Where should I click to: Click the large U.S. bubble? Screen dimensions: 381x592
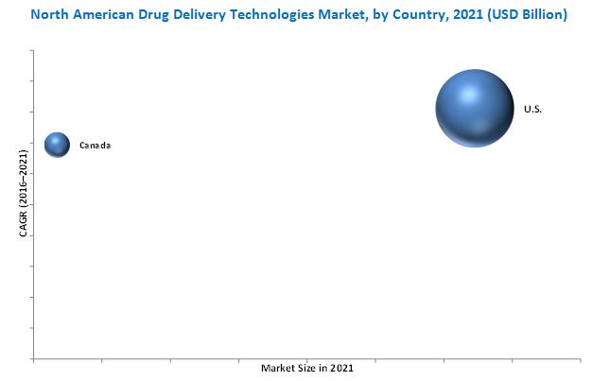coord(474,108)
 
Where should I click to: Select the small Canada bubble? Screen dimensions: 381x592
coord(57,145)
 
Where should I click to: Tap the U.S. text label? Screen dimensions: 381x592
coord(533,110)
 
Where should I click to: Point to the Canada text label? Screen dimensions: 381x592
coord(95,146)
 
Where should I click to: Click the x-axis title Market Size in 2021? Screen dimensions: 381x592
coord(308,367)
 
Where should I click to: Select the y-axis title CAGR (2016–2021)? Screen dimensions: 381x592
coord(24,192)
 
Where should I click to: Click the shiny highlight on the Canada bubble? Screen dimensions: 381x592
coord(54,140)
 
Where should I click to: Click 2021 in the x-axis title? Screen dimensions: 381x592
coord(342,367)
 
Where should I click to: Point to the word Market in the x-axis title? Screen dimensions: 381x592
coord(278,367)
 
